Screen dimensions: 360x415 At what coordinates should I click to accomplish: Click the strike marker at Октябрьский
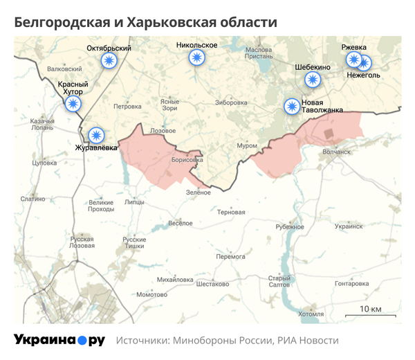[x=109, y=61]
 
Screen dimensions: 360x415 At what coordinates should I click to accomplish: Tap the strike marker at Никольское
[x=197, y=58]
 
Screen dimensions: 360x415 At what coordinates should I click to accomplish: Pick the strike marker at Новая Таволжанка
[x=293, y=107]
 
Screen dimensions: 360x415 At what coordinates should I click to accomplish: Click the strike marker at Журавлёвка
[x=96, y=134]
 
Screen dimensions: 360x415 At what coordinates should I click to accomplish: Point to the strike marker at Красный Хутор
[x=73, y=105]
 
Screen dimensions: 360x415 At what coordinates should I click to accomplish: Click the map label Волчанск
[x=337, y=150]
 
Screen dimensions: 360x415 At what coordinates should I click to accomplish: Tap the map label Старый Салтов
[x=279, y=281]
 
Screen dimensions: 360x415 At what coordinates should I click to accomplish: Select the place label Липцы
[x=134, y=202]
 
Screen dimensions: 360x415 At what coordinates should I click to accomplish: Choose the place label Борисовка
[x=187, y=159]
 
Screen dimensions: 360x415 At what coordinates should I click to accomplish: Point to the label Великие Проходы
[x=102, y=206]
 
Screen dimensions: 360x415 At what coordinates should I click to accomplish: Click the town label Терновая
[x=231, y=212]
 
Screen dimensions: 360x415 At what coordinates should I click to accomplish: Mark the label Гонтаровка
[x=351, y=284]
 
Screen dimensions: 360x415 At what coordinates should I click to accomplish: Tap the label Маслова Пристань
[x=259, y=54]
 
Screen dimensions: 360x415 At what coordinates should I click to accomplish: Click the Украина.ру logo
[x=59, y=341]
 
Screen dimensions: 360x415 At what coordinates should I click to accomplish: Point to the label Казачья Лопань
[x=42, y=125]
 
